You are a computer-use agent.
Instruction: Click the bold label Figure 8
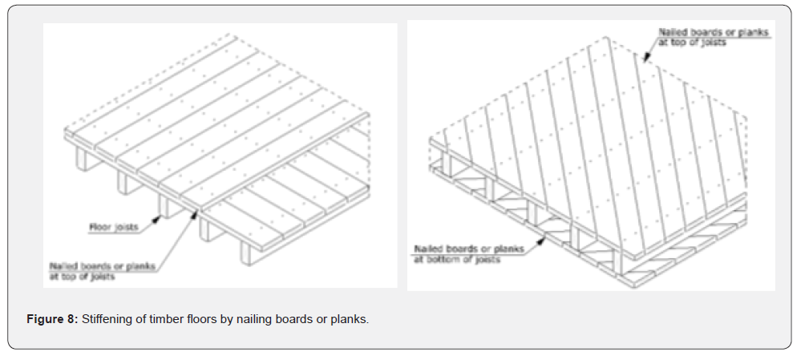(x=52, y=320)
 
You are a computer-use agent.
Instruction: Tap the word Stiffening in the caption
(x=107, y=320)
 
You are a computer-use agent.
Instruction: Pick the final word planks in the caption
(x=350, y=320)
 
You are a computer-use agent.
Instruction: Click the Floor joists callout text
(x=114, y=228)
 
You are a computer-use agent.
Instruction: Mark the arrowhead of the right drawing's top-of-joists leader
(x=645, y=59)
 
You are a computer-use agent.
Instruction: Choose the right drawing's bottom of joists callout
(x=468, y=254)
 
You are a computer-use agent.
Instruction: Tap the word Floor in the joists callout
(x=101, y=228)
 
